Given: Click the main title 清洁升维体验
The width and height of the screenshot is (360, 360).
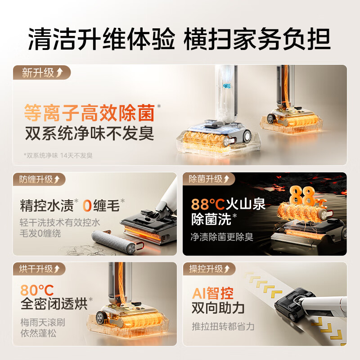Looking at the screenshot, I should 101,40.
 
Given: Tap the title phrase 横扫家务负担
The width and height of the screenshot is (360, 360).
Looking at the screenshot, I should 257,40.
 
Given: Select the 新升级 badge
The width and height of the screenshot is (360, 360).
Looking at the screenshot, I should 41,72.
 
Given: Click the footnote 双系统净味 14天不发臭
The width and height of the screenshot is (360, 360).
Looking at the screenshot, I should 58,155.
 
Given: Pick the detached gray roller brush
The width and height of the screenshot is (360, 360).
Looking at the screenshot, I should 112,242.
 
